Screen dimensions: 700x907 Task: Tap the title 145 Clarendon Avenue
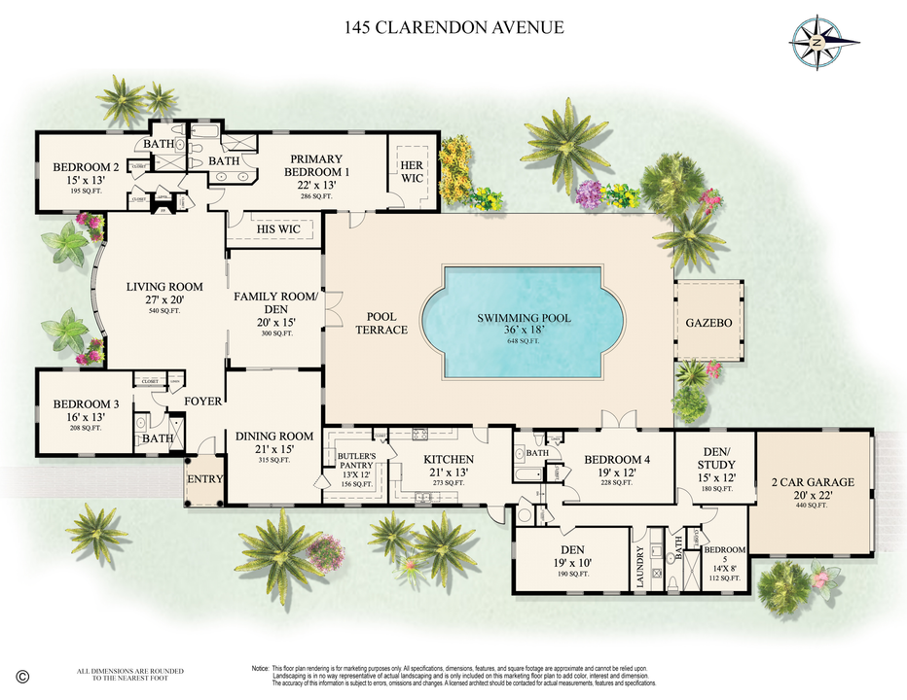[x=453, y=27]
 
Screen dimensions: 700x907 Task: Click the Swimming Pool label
[x=524, y=318]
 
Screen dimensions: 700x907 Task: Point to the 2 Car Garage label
[x=813, y=481]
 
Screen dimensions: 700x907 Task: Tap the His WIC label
[x=277, y=228]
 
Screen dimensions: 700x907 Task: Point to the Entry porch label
[x=205, y=479]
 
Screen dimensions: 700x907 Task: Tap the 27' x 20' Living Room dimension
[x=164, y=300]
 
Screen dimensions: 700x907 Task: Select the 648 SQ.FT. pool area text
[x=524, y=342]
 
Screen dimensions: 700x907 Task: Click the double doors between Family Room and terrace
[x=331, y=314]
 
